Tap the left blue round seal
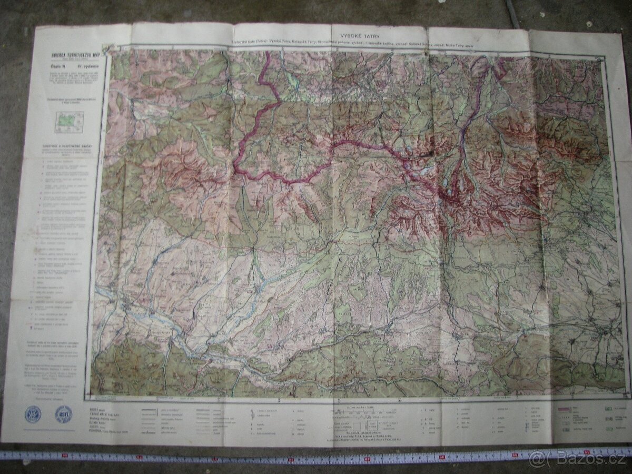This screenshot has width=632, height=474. pos(33,414)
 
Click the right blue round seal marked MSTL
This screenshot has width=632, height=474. pos(64,414)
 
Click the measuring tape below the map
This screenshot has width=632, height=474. pos(263,456)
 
